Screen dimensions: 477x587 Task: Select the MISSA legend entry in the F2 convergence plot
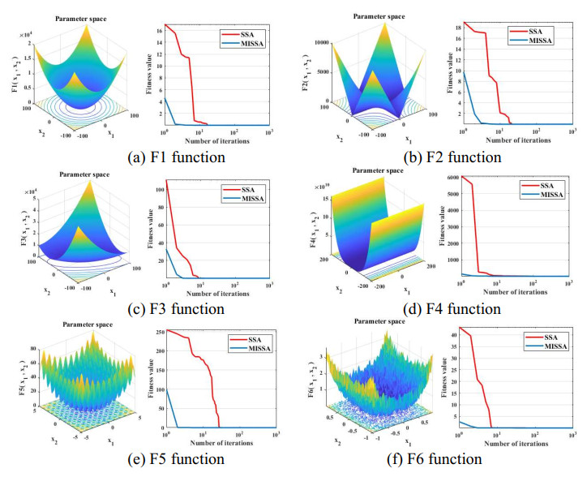[x=542, y=39]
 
